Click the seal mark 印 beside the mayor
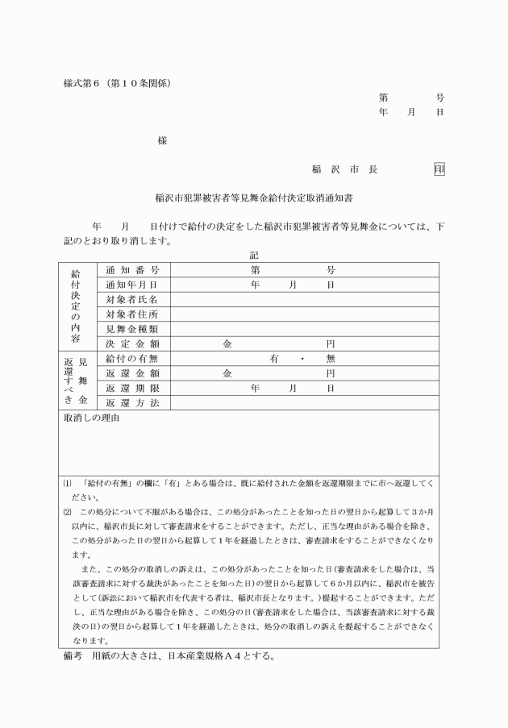[x=439, y=169]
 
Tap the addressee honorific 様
[x=162, y=140]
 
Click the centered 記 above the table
[x=254, y=255]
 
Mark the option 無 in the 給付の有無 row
[x=330, y=358]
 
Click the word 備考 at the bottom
[x=73, y=656]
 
